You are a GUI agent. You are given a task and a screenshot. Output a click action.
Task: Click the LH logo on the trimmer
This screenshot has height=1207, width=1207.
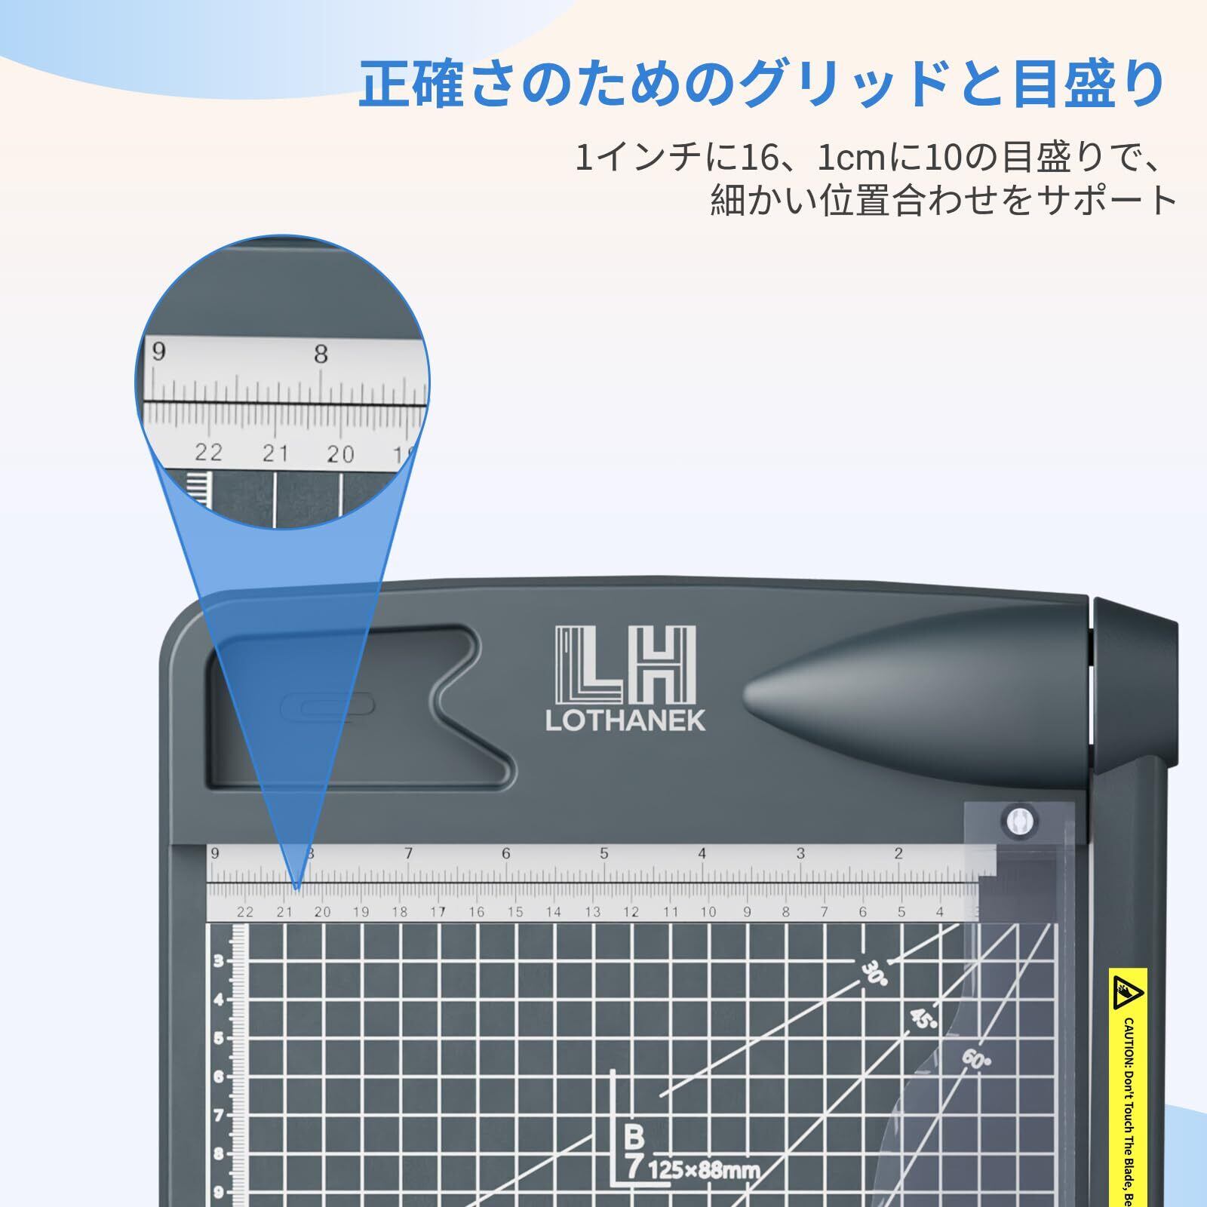625,665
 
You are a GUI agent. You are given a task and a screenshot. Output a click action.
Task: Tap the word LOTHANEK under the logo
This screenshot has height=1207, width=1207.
625,721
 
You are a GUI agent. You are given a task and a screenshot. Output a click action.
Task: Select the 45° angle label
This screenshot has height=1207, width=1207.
923,1021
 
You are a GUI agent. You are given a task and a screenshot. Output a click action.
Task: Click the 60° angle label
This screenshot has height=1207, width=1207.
975,1060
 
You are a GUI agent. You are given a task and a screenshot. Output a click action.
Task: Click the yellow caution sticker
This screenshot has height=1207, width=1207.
1129,1086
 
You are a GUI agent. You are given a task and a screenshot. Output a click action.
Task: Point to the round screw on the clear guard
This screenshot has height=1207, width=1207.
1018,821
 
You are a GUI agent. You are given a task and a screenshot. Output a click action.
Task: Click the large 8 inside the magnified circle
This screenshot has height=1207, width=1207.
321,355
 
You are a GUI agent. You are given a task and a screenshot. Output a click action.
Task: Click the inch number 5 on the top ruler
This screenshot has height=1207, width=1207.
604,854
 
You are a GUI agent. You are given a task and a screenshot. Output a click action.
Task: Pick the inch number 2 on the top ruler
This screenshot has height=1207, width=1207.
898,854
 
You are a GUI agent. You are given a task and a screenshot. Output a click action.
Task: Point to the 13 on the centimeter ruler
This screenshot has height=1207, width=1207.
593,912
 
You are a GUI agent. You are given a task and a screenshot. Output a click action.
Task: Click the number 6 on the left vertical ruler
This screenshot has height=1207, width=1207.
219,1076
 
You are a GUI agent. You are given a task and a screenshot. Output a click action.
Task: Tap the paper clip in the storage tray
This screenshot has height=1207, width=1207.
327,707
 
